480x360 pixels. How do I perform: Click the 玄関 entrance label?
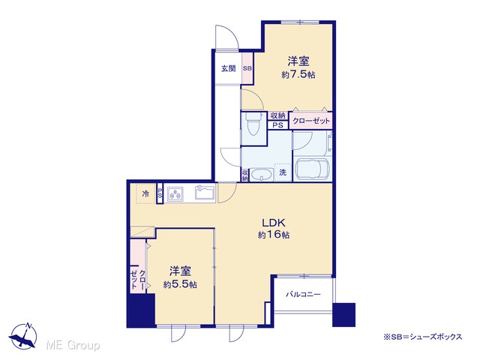coord(228,68)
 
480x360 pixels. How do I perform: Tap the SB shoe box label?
coord(247,68)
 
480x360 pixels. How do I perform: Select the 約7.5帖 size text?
coord(298,75)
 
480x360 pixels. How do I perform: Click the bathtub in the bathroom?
coord(312,168)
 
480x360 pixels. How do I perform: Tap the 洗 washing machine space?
coord(283,172)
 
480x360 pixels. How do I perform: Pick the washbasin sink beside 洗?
coord(262,175)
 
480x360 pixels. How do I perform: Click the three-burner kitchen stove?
coord(175,194)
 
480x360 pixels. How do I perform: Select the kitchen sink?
coord(205,193)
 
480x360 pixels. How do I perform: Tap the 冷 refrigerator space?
coord(146,193)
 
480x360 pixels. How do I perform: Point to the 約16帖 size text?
coord(274,235)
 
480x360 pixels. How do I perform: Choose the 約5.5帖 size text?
coord(180,285)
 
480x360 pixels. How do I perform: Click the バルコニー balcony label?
coord(303,295)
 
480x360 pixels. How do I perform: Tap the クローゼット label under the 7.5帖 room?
coord(311,121)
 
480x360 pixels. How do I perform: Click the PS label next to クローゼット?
coord(278,125)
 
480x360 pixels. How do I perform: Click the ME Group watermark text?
coord(73,346)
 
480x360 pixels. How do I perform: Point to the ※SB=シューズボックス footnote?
coord(422,337)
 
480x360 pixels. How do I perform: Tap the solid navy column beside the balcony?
coord(344,315)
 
